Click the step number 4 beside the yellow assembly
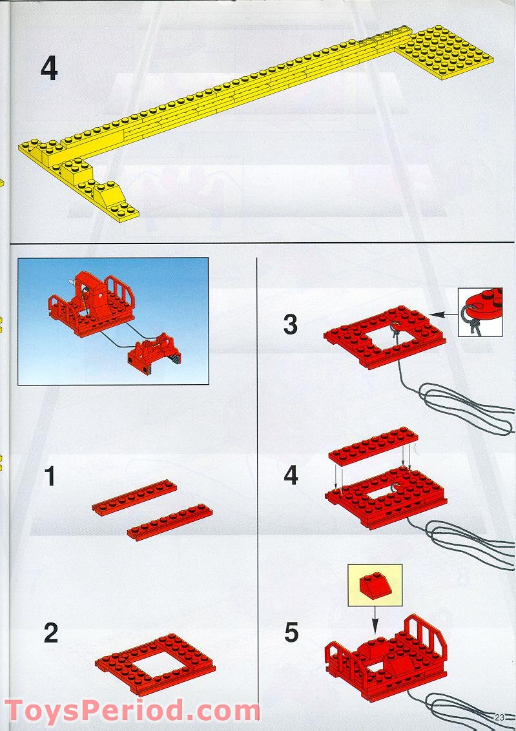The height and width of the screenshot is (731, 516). [x=48, y=69]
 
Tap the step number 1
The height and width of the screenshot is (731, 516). [x=49, y=478]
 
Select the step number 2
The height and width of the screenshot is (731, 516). [x=50, y=633]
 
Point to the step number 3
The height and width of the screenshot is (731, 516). [x=291, y=324]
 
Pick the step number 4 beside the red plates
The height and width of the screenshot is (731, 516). [x=291, y=476]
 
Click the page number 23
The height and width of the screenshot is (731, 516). [x=500, y=717]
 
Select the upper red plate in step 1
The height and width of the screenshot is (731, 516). [x=135, y=497]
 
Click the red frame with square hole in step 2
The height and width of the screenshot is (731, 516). [x=155, y=662]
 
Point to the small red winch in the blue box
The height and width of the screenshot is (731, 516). [x=151, y=349]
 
